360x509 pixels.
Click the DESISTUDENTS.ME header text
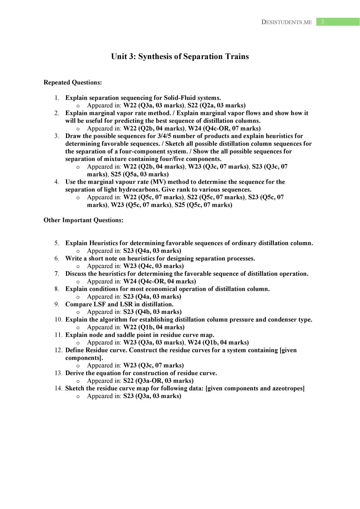point(287,22)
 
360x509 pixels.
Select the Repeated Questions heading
point(73,82)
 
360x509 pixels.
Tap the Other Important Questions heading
point(84,220)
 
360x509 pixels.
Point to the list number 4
point(57,182)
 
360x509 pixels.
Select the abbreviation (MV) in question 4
point(158,182)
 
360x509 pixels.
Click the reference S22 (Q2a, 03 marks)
point(216,106)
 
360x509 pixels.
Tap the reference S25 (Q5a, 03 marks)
point(140,174)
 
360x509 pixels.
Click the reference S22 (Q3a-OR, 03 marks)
point(158,381)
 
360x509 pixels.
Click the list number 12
point(58,350)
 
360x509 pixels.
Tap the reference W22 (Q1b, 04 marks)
point(154,327)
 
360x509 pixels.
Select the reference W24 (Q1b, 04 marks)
point(218,343)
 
